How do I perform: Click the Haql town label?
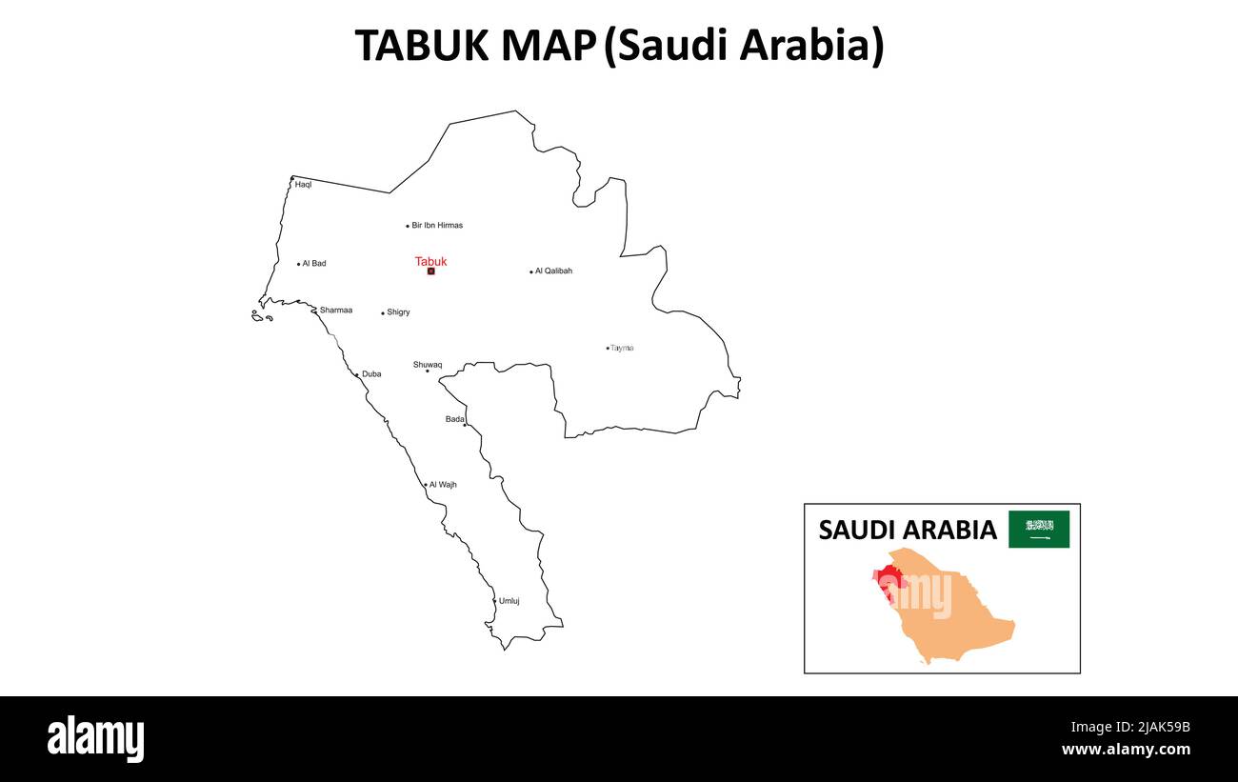tap(303, 185)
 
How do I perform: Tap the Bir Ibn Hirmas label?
tap(437, 226)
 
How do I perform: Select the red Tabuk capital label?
tap(430, 261)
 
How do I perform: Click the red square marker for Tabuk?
tap(430, 271)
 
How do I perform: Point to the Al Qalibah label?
tap(553, 271)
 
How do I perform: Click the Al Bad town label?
tap(313, 264)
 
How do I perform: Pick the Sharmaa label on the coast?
tap(335, 311)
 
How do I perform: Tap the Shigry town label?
tap(398, 312)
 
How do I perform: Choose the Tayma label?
tap(622, 349)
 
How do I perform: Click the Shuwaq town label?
tap(428, 365)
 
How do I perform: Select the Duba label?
tap(371, 374)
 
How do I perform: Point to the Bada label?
tap(455, 419)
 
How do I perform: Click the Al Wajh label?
tap(443, 485)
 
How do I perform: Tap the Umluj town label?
tap(509, 601)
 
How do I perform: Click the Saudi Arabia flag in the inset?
tap(1039, 530)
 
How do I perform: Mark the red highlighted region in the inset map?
tap(890, 579)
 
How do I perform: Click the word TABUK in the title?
tap(424, 46)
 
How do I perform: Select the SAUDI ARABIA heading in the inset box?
tap(908, 530)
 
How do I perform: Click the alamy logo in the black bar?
tap(95, 739)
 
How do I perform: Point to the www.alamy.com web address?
tap(1125, 750)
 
